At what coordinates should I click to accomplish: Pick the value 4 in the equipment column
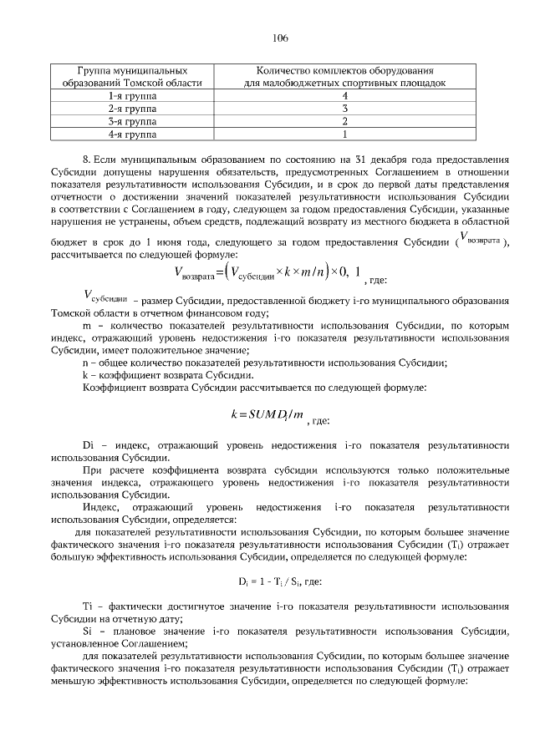344,96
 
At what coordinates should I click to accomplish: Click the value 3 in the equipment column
344,109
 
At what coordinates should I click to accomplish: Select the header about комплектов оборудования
344,78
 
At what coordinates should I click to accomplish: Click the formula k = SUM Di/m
267,413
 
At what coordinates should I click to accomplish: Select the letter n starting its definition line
85,362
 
